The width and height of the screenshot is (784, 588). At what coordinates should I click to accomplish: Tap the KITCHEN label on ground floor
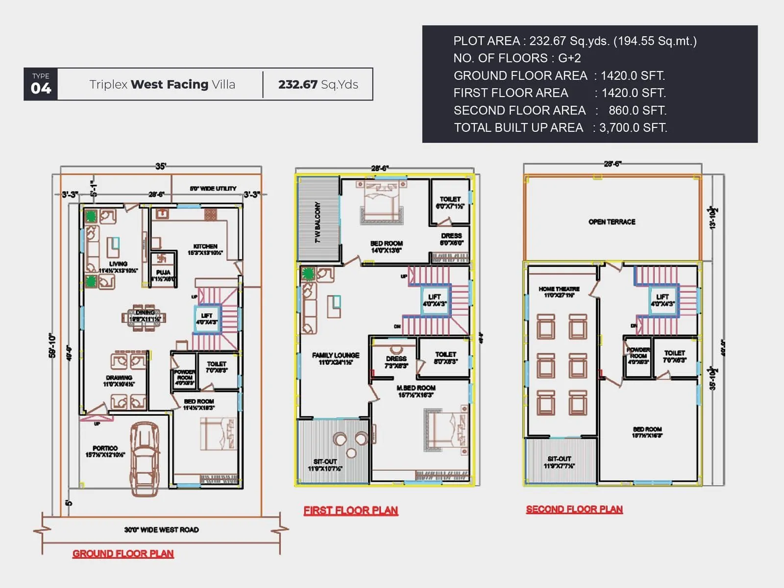click(205, 246)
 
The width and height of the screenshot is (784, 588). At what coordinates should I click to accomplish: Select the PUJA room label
click(163, 272)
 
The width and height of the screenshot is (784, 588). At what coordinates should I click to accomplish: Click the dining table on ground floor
click(144, 317)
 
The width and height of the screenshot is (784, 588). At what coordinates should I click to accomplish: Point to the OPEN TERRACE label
click(612, 222)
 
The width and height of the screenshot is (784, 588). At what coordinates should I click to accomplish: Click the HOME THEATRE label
click(559, 289)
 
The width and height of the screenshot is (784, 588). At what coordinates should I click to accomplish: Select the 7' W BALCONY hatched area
click(319, 220)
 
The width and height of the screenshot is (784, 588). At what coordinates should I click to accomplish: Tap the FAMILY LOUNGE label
click(336, 355)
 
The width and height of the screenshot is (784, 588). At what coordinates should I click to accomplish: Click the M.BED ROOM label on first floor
click(416, 388)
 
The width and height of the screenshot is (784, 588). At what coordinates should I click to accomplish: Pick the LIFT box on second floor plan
click(662, 300)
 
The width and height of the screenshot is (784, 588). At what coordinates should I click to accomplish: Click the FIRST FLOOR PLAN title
click(351, 511)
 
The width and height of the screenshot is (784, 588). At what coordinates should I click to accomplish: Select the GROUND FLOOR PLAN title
click(123, 554)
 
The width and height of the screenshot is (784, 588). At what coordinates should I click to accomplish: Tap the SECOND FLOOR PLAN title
click(574, 510)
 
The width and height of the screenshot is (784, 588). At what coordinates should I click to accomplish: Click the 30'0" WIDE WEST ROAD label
click(161, 530)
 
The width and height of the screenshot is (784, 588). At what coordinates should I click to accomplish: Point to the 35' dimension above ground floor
click(160, 166)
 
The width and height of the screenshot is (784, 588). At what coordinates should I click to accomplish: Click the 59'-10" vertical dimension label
click(52, 345)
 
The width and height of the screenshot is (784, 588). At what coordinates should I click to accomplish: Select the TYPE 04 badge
click(41, 84)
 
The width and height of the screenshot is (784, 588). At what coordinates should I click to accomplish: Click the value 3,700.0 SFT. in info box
click(633, 128)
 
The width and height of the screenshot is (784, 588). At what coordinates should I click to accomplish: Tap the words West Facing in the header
click(170, 84)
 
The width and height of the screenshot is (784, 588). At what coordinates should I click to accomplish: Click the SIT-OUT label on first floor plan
click(325, 462)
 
